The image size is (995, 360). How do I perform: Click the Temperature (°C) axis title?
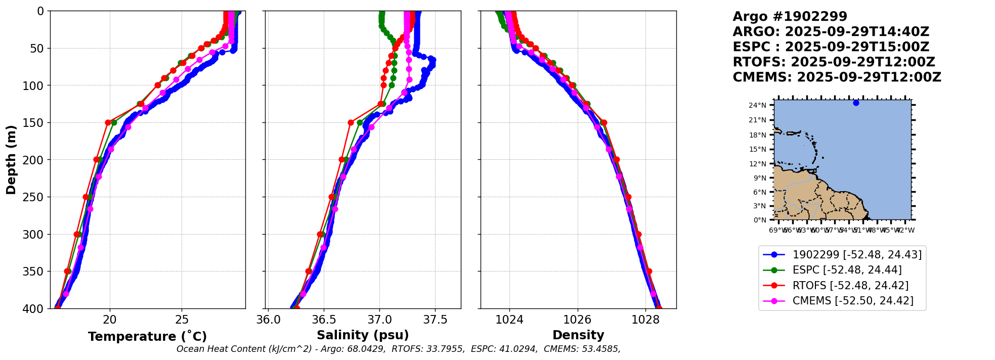point(147,337)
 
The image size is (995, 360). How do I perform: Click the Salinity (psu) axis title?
point(363,335)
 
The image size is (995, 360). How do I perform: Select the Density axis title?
point(578,335)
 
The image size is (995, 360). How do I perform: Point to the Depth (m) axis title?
point(11,159)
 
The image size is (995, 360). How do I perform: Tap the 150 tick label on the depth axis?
point(36,123)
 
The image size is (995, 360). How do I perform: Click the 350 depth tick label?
point(36,272)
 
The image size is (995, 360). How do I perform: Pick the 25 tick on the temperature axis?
point(182,320)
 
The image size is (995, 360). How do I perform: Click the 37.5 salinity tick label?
point(435,320)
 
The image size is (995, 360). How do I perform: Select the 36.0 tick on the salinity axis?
point(268,320)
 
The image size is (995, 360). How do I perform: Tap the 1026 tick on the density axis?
point(578,320)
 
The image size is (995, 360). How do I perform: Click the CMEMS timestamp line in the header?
point(837,77)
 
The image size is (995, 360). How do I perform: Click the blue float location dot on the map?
point(856,103)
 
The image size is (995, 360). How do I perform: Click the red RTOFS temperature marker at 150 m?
point(108,122)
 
